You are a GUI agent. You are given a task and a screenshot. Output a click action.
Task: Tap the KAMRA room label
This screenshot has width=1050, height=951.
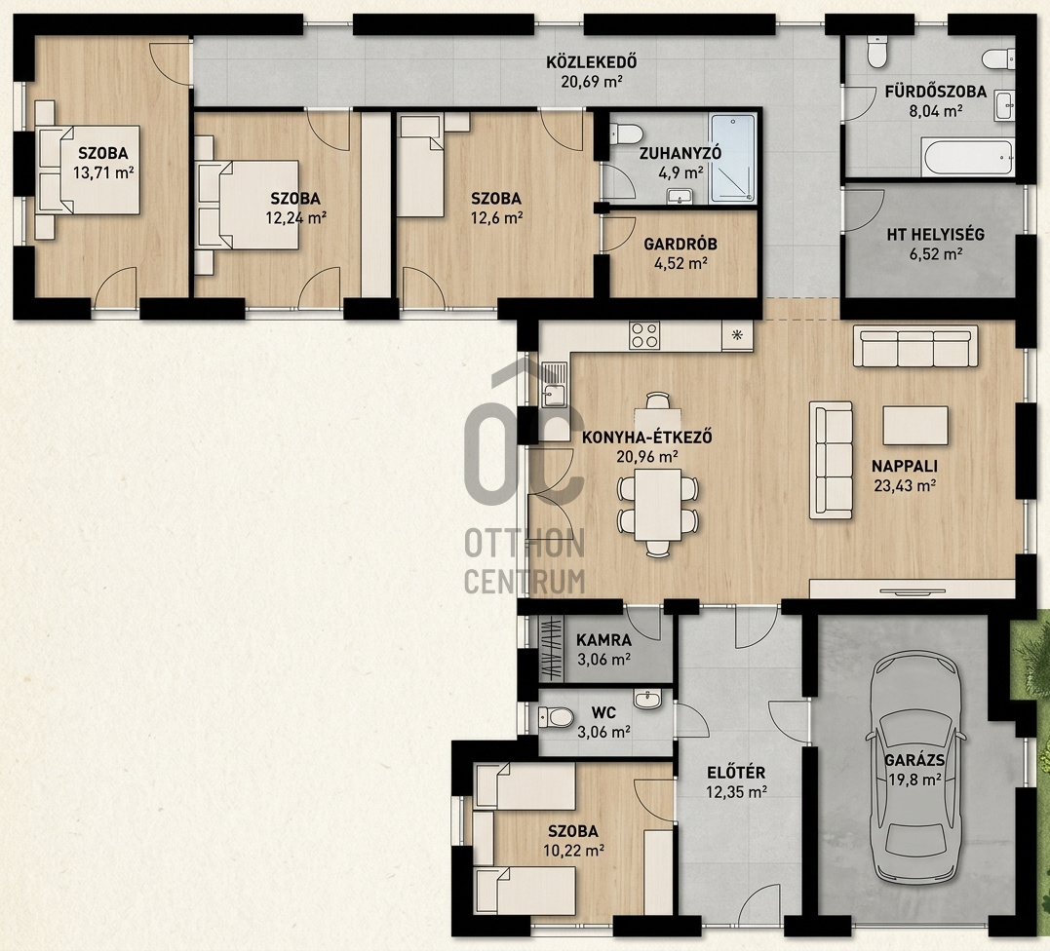pos(603,640)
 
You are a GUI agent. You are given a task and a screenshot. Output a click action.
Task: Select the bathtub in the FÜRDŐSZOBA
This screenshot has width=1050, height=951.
pos(968,158)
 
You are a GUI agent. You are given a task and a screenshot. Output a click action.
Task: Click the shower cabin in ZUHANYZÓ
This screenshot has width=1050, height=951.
pos(732,158)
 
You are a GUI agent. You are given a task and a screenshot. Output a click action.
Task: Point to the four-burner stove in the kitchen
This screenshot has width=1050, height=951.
pos(644,335)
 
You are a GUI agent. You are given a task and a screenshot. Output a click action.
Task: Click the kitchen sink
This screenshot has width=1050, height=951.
pos(554,385)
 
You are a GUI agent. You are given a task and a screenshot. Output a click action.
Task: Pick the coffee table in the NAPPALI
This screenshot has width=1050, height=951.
pos(915,425)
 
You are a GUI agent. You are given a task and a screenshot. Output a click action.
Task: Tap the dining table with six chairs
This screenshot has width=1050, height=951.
pos(657,505)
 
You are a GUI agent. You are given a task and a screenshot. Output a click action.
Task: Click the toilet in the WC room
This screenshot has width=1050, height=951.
pos(556,718)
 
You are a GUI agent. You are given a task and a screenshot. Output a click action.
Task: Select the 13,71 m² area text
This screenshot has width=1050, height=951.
pos(103,172)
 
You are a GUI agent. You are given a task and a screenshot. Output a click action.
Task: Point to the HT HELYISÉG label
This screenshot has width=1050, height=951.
pos(936,234)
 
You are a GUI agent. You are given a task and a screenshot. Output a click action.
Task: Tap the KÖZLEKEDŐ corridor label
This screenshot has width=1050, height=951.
pos(591,63)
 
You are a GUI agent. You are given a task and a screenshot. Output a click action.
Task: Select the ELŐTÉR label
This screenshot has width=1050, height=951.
pos(736,773)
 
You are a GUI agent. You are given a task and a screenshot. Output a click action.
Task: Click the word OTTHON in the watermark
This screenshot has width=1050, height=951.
pos(525,544)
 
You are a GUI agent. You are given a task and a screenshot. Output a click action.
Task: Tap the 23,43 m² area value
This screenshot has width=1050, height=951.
pos(905,485)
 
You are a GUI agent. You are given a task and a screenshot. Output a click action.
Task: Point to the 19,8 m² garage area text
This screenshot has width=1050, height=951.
pos(915,779)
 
